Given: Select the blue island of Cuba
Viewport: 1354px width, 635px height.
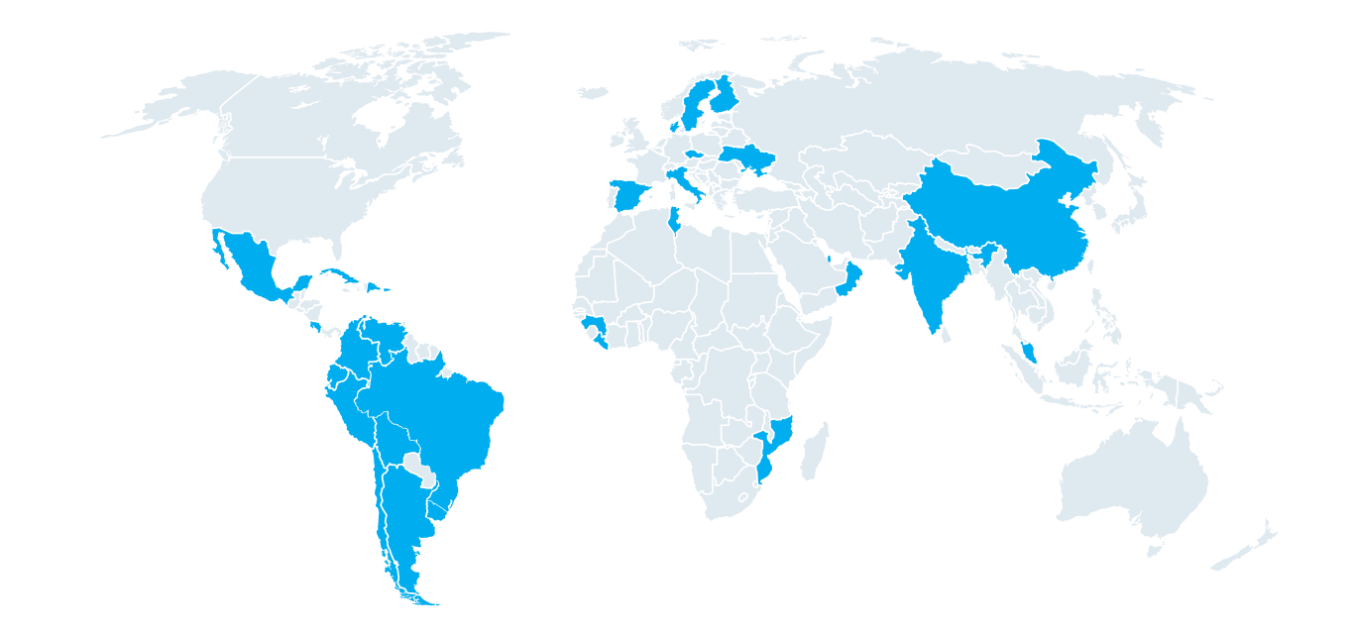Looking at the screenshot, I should [x=342, y=274].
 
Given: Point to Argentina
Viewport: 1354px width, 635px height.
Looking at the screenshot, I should [x=401, y=525].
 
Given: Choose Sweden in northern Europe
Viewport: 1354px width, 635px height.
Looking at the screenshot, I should [x=695, y=104].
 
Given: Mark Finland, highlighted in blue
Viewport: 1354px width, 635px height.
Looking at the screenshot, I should [x=724, y=94].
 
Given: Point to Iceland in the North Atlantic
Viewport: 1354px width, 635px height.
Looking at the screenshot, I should [x=592, y=92].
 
